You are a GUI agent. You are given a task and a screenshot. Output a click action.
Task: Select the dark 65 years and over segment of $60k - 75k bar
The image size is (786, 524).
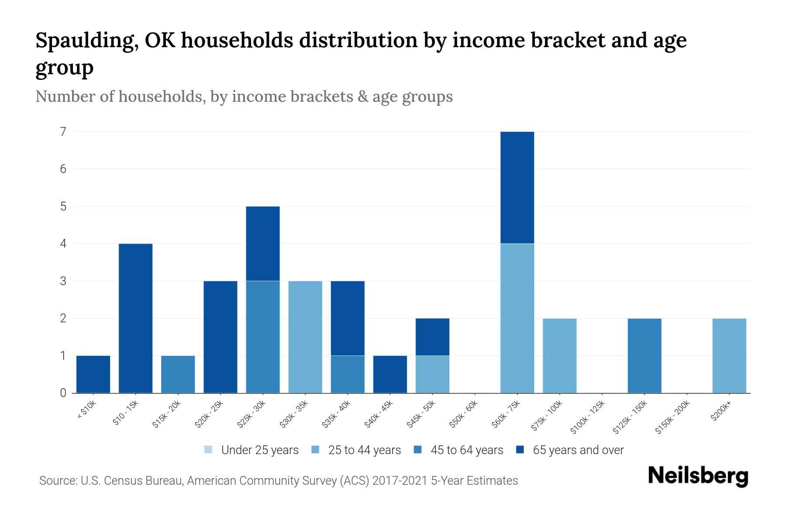click(x=517, y=187)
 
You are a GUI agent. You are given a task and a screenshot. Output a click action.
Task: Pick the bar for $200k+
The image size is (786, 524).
click(x=729, y=355)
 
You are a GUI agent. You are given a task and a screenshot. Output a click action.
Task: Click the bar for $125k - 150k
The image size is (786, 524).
click(x=645, y=355)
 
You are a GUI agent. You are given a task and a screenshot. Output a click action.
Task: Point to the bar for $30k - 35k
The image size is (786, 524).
click(x=305, y=337)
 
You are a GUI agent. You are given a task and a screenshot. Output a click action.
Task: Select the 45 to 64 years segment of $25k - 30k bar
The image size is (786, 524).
click(x=263, y=337)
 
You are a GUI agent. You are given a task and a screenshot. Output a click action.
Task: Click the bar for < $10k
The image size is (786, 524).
click(x=93, y=374)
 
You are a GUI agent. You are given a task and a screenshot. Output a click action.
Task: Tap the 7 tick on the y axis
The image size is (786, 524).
click(x=63, y=131)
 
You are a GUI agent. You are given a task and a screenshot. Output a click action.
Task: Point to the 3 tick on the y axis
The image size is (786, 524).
click(x=63, y=281)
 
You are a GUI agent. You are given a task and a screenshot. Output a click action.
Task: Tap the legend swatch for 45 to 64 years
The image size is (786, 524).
click(x=418, y=450)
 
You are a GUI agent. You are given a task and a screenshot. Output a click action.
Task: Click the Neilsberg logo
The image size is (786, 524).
click(x=698, y=476)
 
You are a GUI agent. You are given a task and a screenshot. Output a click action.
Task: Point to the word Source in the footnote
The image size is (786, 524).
click(x=57, y=481)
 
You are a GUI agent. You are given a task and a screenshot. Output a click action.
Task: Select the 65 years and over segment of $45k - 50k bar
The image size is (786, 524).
click(x=432, y=337)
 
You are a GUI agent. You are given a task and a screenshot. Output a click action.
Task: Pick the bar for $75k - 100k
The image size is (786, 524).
click(x=559, y=355)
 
